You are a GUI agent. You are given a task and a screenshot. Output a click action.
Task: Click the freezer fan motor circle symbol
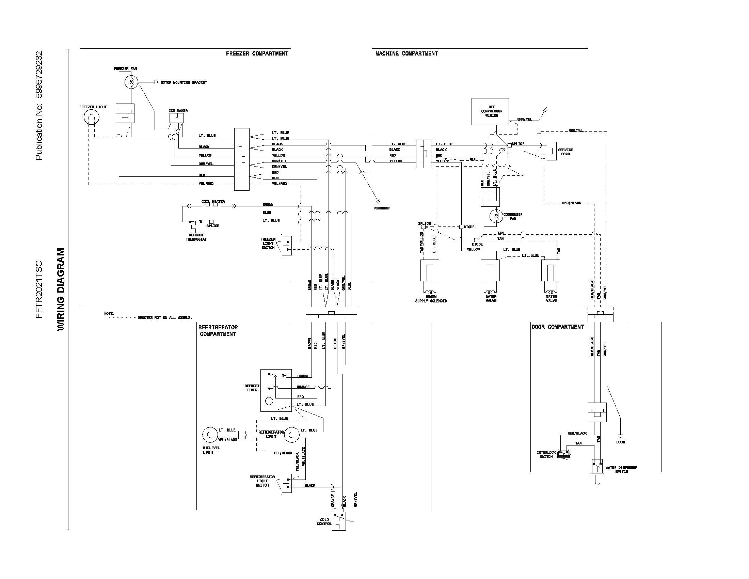coord(131,82)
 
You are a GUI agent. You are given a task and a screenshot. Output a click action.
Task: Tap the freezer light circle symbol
coord(91,118)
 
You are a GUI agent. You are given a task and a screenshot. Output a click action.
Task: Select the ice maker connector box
coord(177,118)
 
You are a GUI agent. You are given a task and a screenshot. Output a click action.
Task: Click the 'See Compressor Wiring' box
coord(490,111)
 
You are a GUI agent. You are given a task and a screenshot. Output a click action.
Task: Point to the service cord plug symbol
coord(552,151)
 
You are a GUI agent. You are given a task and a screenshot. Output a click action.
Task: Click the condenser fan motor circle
coord(495,216)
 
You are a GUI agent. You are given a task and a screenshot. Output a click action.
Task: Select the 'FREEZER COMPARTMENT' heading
coord(257,53)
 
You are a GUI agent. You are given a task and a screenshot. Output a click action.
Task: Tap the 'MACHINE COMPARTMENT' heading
coord(407,53)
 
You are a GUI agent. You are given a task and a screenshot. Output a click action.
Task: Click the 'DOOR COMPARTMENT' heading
coord(557,327)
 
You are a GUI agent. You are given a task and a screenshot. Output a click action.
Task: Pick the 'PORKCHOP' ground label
coord(382,208)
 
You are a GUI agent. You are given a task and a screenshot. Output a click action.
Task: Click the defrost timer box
coord(276,390)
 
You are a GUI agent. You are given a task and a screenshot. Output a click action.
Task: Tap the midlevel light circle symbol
coord(209,435)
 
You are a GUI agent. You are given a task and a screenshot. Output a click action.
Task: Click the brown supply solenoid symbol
coord(429,275)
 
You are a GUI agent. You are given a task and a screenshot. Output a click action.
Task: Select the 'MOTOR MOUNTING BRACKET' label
coord(184,83)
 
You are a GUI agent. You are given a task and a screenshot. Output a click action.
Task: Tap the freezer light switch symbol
coord(286,246)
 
